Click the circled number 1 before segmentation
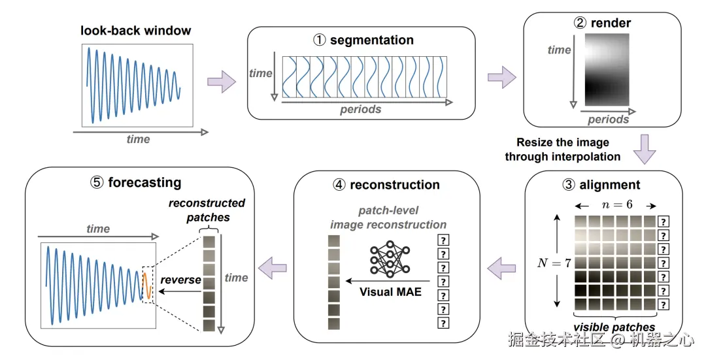point(319,41)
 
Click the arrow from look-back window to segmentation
point(221,82)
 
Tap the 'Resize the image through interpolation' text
point(562,149)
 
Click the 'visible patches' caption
point(614,327)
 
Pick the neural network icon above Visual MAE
point(388,260)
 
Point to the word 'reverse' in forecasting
point(181,280)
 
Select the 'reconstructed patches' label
point(207,210)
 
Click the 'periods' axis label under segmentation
point(360,110)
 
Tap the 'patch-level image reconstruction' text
point(388,218)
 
